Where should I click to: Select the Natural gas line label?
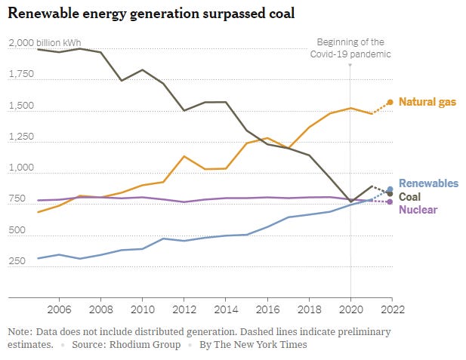[x=430, y=102]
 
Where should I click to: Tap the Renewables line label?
[x=428, y=183]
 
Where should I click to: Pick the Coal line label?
[x=410, y=196]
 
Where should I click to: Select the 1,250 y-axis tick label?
[x=21, y=138]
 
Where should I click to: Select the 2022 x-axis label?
[x=390, y=309]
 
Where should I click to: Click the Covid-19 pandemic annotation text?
[x=350, y=48]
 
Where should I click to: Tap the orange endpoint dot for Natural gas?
[x=390, y=102]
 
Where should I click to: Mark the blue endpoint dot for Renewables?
[x=390, y=189]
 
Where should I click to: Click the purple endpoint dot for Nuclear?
[x=390, y=202]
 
